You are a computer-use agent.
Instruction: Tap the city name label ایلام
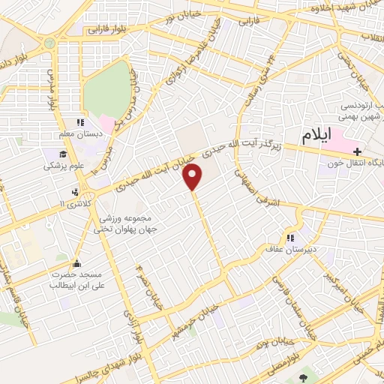coord(316,136)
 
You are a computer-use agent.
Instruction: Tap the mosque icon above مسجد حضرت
coord(76,264)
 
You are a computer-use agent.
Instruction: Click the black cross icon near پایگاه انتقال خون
coord(357,150)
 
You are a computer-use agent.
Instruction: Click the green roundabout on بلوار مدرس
coord(50,42)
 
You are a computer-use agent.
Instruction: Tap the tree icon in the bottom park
coord(303,378)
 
